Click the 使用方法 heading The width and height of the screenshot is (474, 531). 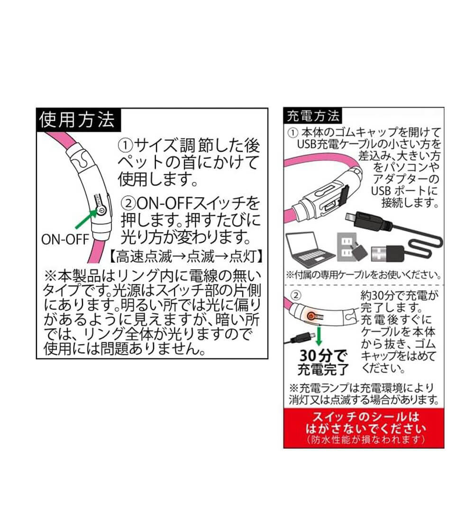click(78, 120)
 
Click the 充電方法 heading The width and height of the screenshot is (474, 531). click(312, 116)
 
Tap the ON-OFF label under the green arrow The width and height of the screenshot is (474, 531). click(65, 239)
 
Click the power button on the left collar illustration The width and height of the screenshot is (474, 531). click(101, 211)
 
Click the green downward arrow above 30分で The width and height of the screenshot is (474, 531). click(318, 336)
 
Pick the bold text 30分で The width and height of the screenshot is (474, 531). click(323, 356)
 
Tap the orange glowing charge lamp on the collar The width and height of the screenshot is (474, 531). click(310, 316)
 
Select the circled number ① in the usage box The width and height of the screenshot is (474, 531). click(125, 146)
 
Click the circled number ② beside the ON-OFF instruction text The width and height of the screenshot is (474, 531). click(128, 204)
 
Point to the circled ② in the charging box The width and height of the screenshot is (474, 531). click(296, 296)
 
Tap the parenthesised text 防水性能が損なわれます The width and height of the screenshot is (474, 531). click(365, 440)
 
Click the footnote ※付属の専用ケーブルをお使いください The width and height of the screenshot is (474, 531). click(364, 275)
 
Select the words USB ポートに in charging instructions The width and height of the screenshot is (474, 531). click(404, 191)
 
